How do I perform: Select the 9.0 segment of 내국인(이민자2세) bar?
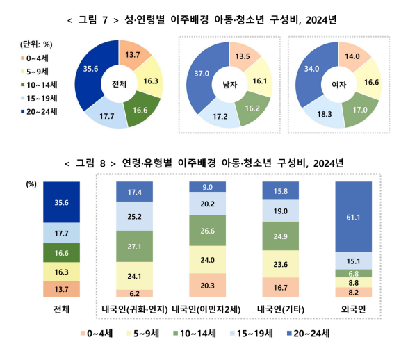click(207, 187)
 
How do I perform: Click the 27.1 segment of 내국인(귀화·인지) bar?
click(136, 247)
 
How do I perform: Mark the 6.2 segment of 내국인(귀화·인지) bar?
click(136, 293)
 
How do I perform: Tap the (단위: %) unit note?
click(38, 43)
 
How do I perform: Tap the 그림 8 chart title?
click(208, 163)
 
